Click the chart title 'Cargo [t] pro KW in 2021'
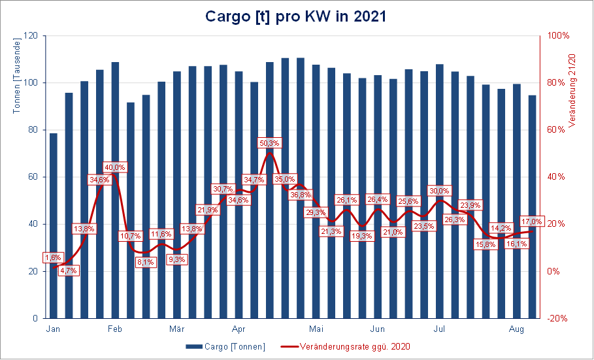tap(296, 16)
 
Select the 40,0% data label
tap(114, 167)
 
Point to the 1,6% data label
tap(54, 257)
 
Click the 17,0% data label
tap(531, 221)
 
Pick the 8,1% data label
tap(146, 262)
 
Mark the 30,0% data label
tap(439, 191)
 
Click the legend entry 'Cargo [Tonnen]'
tap(225, 346)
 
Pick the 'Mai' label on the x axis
tap(316, 329)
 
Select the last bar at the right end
tap(532, 207)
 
